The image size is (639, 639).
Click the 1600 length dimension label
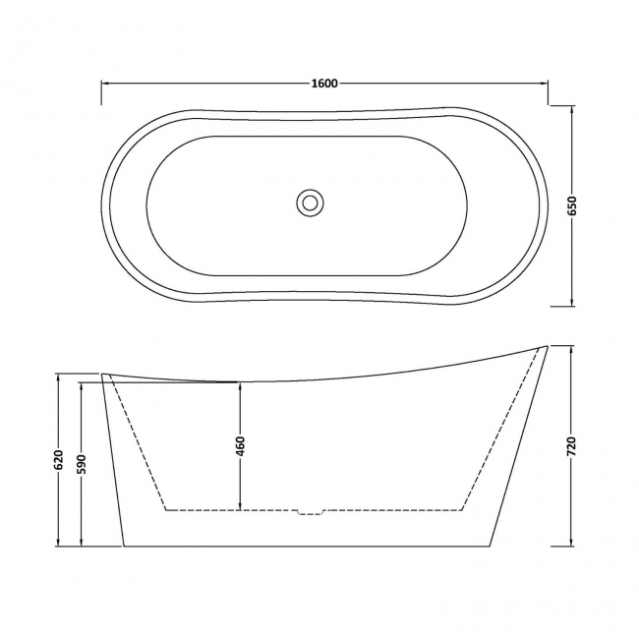click(324, 84)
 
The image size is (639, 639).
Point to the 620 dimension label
click(59, 460)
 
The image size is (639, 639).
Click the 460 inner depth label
click(240, 445)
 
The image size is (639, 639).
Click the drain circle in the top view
click(311, 203)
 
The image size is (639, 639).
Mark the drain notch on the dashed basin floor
click(311, 511)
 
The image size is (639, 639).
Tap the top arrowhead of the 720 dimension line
click(573, 349)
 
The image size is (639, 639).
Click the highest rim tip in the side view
click(545, 346)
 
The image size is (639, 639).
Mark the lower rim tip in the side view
click(103, 375)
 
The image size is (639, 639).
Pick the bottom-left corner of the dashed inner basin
click(165, 510)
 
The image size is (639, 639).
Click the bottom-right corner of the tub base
click(489, 544)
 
